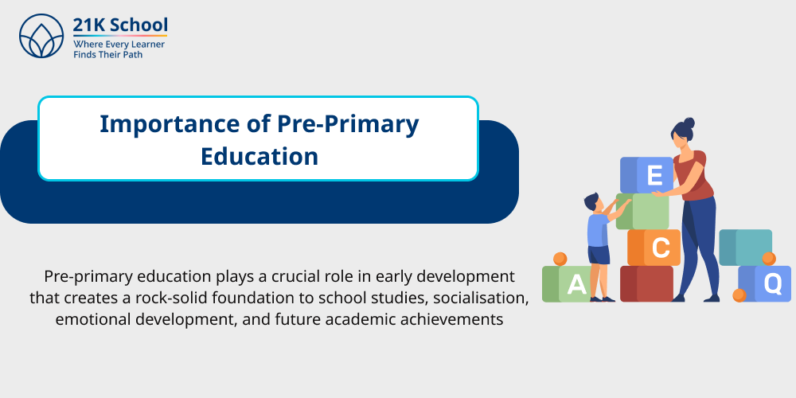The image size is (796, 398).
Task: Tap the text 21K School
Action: [x=119, y=25]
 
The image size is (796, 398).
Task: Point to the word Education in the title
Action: [x=259, y=155]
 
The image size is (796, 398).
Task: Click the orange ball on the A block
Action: [x=560, y=259]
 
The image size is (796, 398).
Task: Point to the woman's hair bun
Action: [x=689, y=123]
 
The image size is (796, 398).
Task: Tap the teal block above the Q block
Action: [x=744, y=246]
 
